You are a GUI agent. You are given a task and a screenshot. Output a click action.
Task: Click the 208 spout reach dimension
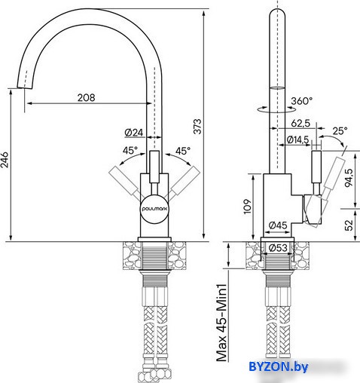tap(86, 97)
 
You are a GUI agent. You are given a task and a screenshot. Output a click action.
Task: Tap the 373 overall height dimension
tap(197, 127)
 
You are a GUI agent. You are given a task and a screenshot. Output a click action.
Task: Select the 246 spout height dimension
tap(5, 159)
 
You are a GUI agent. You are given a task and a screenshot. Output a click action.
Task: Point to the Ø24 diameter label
tap(134, 133)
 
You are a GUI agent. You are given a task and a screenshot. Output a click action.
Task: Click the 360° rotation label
tap(302, 101)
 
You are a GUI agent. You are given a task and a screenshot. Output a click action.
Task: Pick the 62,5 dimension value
tap(301, 123)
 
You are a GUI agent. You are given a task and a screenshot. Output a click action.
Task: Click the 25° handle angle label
tap(340, 130)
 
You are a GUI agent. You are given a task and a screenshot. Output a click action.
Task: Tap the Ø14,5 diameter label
tap(297, 139)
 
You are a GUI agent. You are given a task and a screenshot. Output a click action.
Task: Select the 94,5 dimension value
tap(349, 178)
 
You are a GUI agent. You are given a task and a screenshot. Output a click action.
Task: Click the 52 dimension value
tap(349, 225)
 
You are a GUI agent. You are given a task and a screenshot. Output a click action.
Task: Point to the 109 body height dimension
tap(247, 207)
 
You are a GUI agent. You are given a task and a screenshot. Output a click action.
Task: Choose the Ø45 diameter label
tap(278, 225)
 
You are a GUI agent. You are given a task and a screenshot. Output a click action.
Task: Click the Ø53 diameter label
tap(278, 248)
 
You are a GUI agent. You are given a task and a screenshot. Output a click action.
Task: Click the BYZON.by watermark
tap(278, 366)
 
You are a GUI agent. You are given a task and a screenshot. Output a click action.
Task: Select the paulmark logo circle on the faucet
tap(154, 209)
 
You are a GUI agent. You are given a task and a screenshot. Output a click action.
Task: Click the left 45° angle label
tap(130, 151)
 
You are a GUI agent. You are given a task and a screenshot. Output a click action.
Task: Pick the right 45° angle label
tap(183, 151)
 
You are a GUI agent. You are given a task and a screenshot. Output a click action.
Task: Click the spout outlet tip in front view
tap(25, 88)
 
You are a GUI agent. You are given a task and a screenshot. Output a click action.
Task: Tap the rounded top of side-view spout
tap(277, 11)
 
